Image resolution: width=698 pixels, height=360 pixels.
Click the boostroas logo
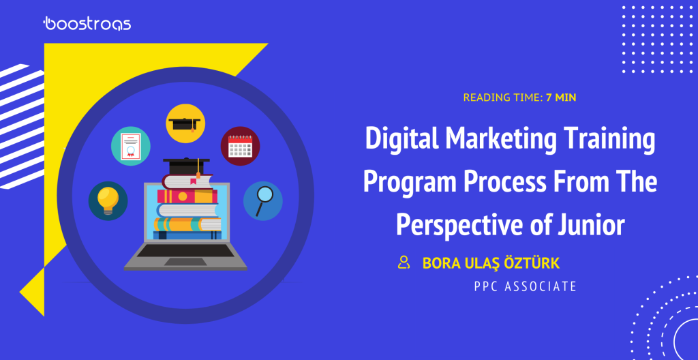[x=87, y=24]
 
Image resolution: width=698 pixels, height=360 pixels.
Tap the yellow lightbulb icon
[x=108, y=201]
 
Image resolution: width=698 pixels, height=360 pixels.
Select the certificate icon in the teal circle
[x=130, y=146]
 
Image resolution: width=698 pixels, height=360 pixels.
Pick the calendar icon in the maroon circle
[x=240, y=146]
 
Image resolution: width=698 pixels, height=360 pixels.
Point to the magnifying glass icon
[x=264, y=201]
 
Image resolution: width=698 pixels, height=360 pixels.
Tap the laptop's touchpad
[x=185, y=262]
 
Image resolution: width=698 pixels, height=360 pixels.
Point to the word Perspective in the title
[x=455, y=224]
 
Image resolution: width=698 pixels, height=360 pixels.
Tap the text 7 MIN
[x=561, y=97]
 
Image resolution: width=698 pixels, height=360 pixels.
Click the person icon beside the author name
[x=404, y=262]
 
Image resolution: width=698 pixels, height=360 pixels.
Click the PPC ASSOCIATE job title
[x=526, y=286]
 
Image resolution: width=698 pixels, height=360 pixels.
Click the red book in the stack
[x=187, y=196]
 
